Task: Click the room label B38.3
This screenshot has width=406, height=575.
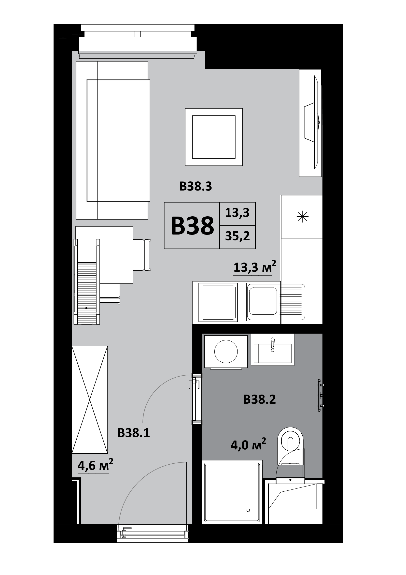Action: click(196, 187)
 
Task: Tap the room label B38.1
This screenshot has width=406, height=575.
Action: click(134, 433)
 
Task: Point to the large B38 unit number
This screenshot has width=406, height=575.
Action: click(192, 226)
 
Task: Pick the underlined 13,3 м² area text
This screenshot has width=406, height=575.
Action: click(255, 267)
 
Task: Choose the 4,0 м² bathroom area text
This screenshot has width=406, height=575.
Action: click(248, 445)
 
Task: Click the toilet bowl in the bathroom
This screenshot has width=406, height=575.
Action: click(290, 443)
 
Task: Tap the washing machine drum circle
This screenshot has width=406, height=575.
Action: click(226, 352)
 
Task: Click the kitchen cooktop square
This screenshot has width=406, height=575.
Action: click(218, 302)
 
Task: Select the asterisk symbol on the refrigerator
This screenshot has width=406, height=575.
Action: click(302, 217)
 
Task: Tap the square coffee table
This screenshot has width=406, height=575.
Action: click(214, 137)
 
